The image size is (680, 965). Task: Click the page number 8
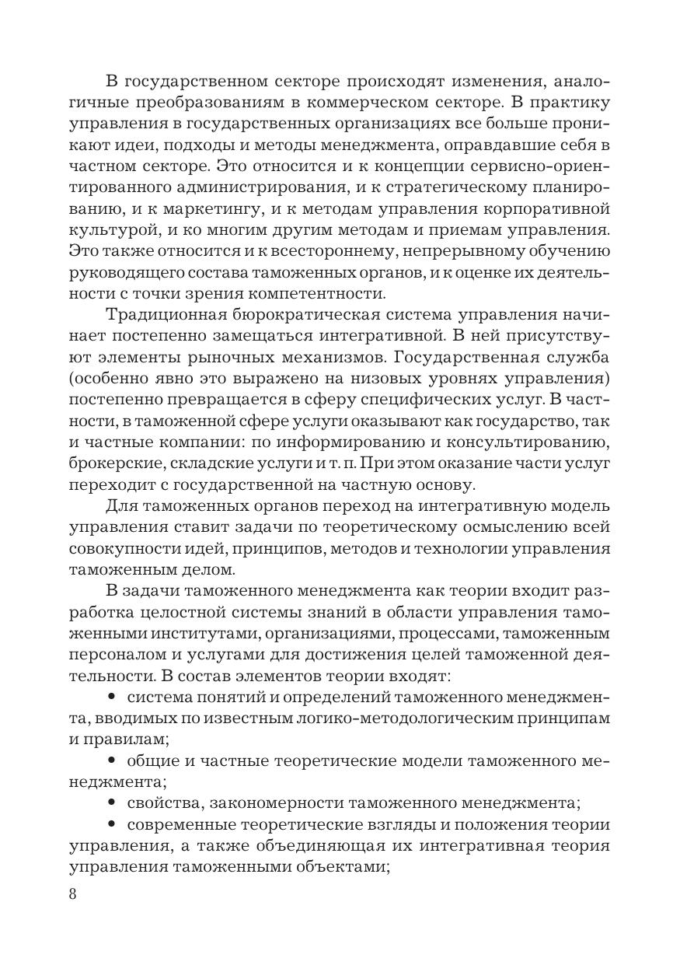tap(73, 893)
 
